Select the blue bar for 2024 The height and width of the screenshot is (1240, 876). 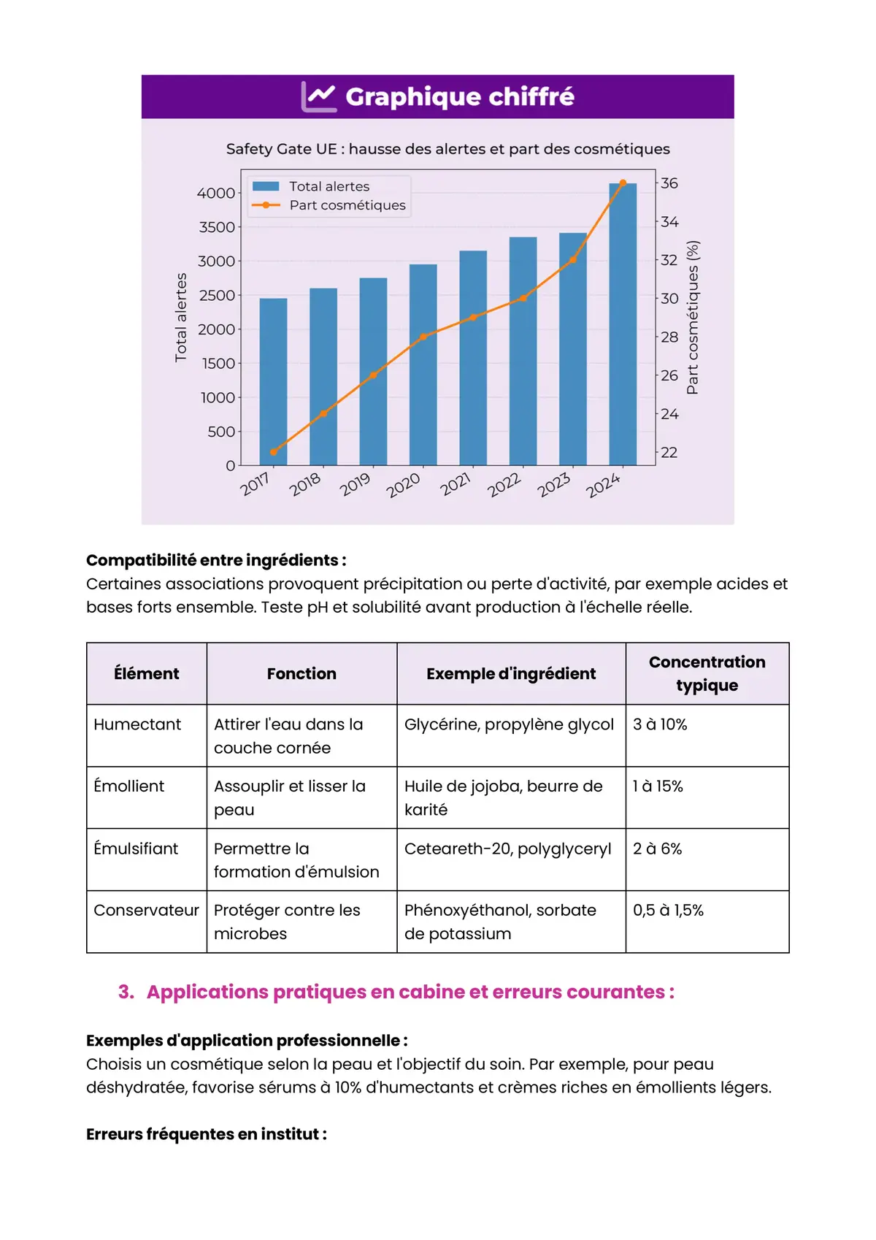pos(622,325)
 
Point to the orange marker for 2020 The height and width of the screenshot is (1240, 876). pos(423,337)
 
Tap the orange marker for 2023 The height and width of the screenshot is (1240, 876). pos(573,259)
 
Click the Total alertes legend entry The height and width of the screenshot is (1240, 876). pos(328,186)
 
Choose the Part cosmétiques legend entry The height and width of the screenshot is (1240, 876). pos(347,205)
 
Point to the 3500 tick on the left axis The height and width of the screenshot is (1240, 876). pos(217,227)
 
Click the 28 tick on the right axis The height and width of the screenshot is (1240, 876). pos(669,337)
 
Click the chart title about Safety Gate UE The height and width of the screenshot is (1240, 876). pos(447,149)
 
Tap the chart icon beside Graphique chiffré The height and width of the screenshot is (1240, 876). pos(319,96)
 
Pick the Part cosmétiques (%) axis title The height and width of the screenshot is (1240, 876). pos(693,318)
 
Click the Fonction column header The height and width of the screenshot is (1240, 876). pos(301,673)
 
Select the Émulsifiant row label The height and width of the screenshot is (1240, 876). pos(136,849)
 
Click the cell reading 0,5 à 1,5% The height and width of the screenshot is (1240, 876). pos(668,911)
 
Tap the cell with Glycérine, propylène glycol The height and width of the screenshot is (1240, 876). pos(509,724)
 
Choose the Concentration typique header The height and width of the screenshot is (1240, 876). pos(707,673)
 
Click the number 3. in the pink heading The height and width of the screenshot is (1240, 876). pos(126,992)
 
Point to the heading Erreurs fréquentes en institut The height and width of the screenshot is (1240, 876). pos(207,1134)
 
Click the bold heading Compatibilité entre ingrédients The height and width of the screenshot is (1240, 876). pos(216,560)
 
